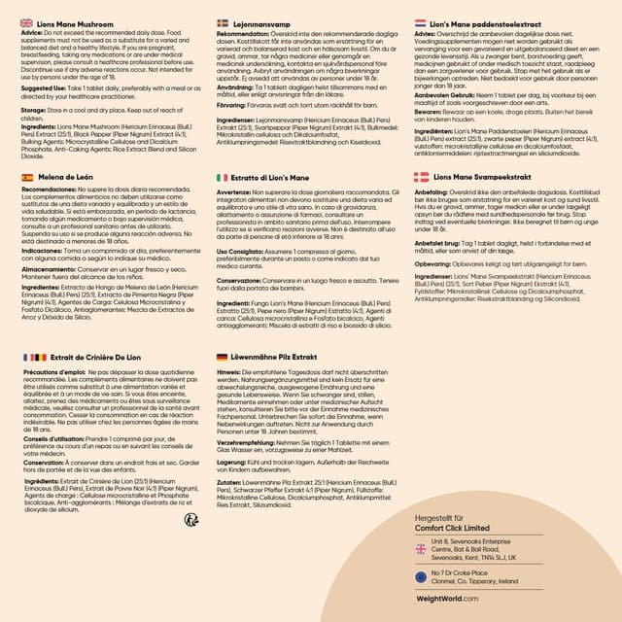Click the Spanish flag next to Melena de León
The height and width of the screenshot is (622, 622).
(x=27, y=178)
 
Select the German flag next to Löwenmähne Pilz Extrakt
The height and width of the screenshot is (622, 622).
(x=222, y=358)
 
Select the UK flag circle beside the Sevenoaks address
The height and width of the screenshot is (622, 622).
(x=421, y=549)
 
